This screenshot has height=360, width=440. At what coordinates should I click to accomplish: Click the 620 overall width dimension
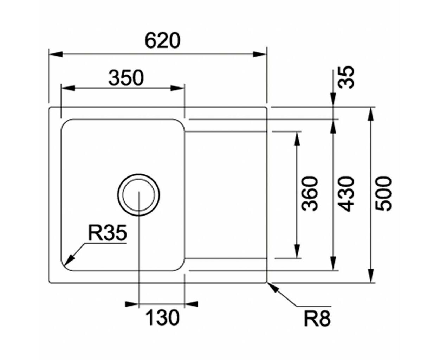pos(162,41)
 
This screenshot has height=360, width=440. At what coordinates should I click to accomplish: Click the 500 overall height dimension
pos(383,194)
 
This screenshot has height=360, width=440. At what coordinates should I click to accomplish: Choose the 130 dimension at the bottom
pos(162,317)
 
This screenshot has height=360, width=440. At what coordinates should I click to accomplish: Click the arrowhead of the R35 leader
pos(70,261)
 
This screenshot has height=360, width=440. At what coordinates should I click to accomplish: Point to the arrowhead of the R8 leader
pos(273,288)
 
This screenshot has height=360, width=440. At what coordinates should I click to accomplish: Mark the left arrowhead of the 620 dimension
pos(56,54)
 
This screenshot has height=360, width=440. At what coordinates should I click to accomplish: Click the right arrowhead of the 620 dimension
pos(259,54)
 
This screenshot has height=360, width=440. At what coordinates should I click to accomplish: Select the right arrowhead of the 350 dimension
pos(177,88)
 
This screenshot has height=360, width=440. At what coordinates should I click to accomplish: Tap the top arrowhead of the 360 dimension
pos(297,139)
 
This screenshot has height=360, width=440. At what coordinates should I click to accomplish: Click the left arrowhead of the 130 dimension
pos(132,304)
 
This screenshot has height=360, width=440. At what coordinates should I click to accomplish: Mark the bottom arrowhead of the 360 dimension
pos(297,251)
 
